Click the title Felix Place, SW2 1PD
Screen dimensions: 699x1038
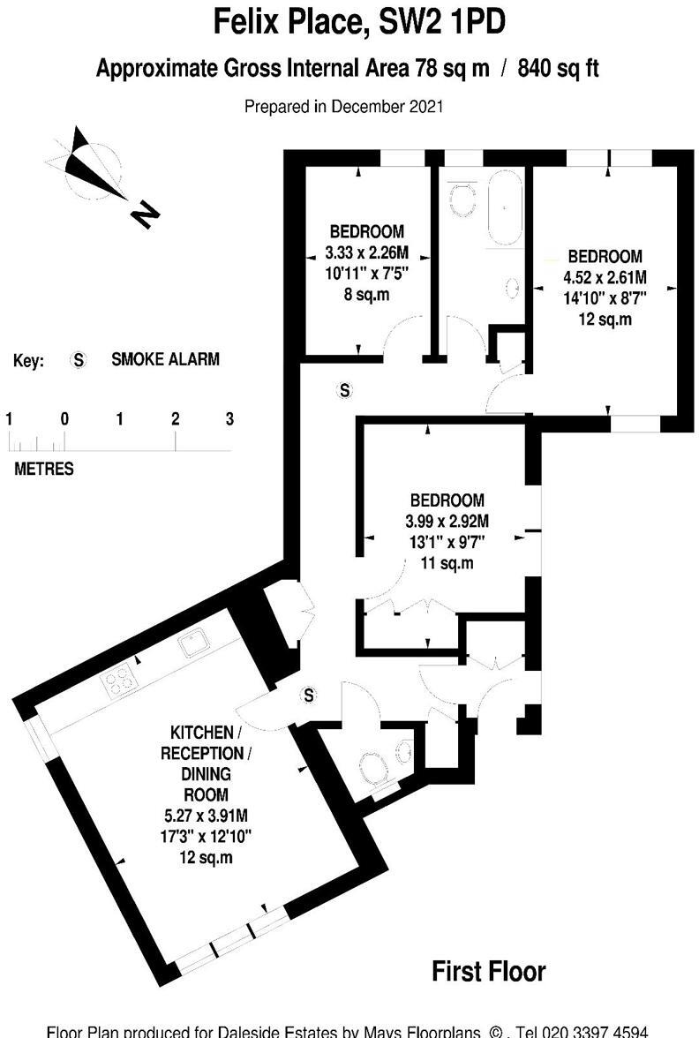tap(360, 23)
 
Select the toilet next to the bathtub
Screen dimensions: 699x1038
tap(460, 200)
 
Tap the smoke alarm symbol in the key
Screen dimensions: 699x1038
tap(79, 360)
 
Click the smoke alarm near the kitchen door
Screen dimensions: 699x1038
tap(309, 696)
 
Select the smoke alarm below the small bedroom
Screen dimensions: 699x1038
tap(345, 389)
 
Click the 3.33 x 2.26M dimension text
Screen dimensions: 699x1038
tap(365, 252)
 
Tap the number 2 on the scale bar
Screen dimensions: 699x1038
tap(175, 419)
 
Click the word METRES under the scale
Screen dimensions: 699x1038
tap(44, 469)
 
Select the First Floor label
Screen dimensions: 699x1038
tap(488, 972)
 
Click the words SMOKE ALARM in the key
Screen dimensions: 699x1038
tap(165, 360)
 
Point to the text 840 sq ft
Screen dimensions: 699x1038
tap(559, 68)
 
